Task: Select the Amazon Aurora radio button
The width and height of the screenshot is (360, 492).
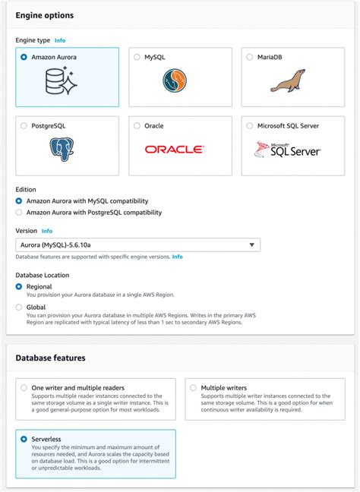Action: coord(24,57)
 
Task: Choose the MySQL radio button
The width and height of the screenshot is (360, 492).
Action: coord(137,57)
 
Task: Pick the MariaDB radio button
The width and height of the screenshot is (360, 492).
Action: coord(249,57)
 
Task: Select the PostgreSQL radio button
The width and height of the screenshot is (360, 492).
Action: coord(24,125)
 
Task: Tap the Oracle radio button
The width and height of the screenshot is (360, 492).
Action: coord(137,125)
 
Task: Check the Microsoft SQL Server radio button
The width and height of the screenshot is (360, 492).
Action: coord(249,125)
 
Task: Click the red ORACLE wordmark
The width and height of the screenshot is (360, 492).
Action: coord(175,150)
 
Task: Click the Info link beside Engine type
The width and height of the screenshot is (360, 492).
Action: coord(60,39)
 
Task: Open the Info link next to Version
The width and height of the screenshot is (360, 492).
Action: coord(47,230)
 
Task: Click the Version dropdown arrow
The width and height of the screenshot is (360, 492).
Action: coord(251,244)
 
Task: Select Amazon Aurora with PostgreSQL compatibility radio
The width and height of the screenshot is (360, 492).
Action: coord(19,213)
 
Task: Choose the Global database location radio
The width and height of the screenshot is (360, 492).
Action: coord(19,307)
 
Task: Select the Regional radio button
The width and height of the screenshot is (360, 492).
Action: coord(19,286)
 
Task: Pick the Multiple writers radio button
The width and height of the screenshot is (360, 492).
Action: coord(193,387)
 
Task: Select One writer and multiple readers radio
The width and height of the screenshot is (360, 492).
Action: coord(24,387)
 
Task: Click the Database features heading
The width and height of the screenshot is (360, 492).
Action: coord(51,358)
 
